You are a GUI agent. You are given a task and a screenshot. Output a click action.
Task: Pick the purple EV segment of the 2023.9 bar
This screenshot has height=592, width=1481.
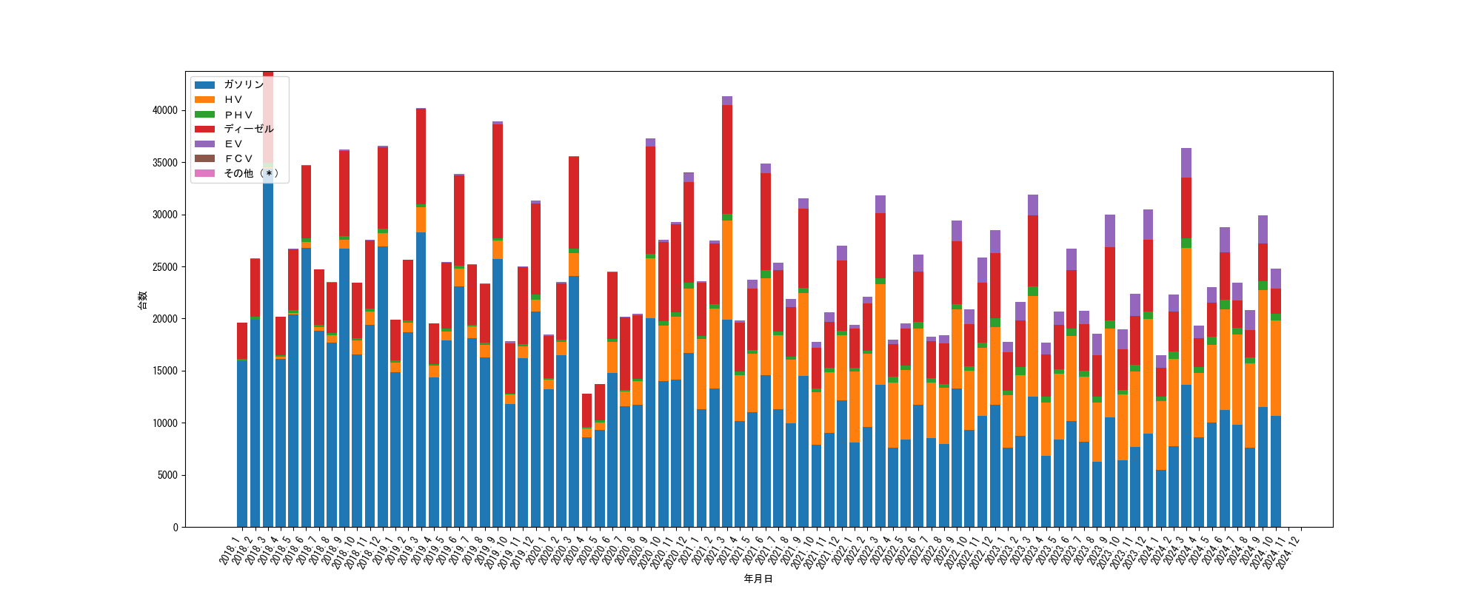1110,231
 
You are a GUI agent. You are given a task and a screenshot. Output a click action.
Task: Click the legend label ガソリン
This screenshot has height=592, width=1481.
244,84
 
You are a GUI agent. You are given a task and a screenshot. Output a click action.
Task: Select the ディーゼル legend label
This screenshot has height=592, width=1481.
249,129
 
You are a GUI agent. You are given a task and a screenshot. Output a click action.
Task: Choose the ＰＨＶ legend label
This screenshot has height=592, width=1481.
238,114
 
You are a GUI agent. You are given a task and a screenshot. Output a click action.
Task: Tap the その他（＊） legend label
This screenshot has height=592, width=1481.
251,173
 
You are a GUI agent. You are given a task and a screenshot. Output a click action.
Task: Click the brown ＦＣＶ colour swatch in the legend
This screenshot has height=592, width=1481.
205,158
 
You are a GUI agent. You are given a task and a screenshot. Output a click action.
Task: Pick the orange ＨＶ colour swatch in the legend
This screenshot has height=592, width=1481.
205,99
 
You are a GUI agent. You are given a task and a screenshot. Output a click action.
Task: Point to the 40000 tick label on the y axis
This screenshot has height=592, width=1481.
165,110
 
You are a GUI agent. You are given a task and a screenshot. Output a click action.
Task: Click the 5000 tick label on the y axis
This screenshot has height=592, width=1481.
167,475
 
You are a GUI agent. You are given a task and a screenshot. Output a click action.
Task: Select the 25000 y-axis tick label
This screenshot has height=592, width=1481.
165,266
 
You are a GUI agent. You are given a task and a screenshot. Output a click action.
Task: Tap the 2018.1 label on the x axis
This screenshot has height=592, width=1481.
230,551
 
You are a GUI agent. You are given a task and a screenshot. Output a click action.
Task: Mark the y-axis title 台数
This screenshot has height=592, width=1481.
143,300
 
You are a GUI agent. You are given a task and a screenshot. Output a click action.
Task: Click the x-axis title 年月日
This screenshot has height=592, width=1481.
758,579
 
